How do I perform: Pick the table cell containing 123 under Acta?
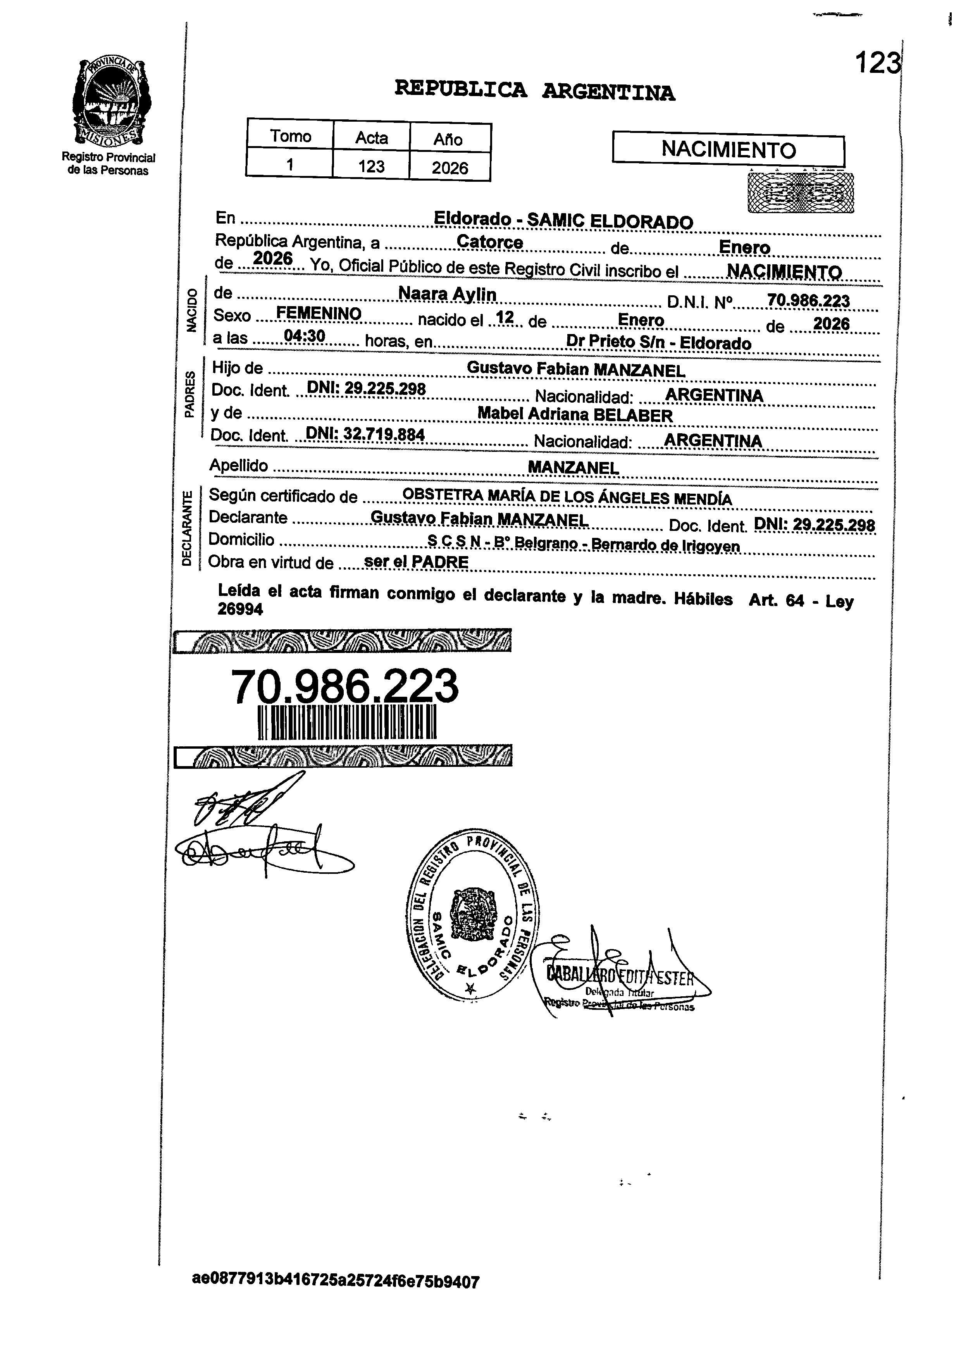tap(371, 166)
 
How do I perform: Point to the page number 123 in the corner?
tap(878, 63)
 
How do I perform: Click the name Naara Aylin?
tap(447, 294)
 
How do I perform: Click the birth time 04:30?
tap(304, 336)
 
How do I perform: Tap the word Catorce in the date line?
tap(490, 243)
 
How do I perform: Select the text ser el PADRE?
tap(416, 562)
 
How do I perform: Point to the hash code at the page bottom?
tap(336, 1298)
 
